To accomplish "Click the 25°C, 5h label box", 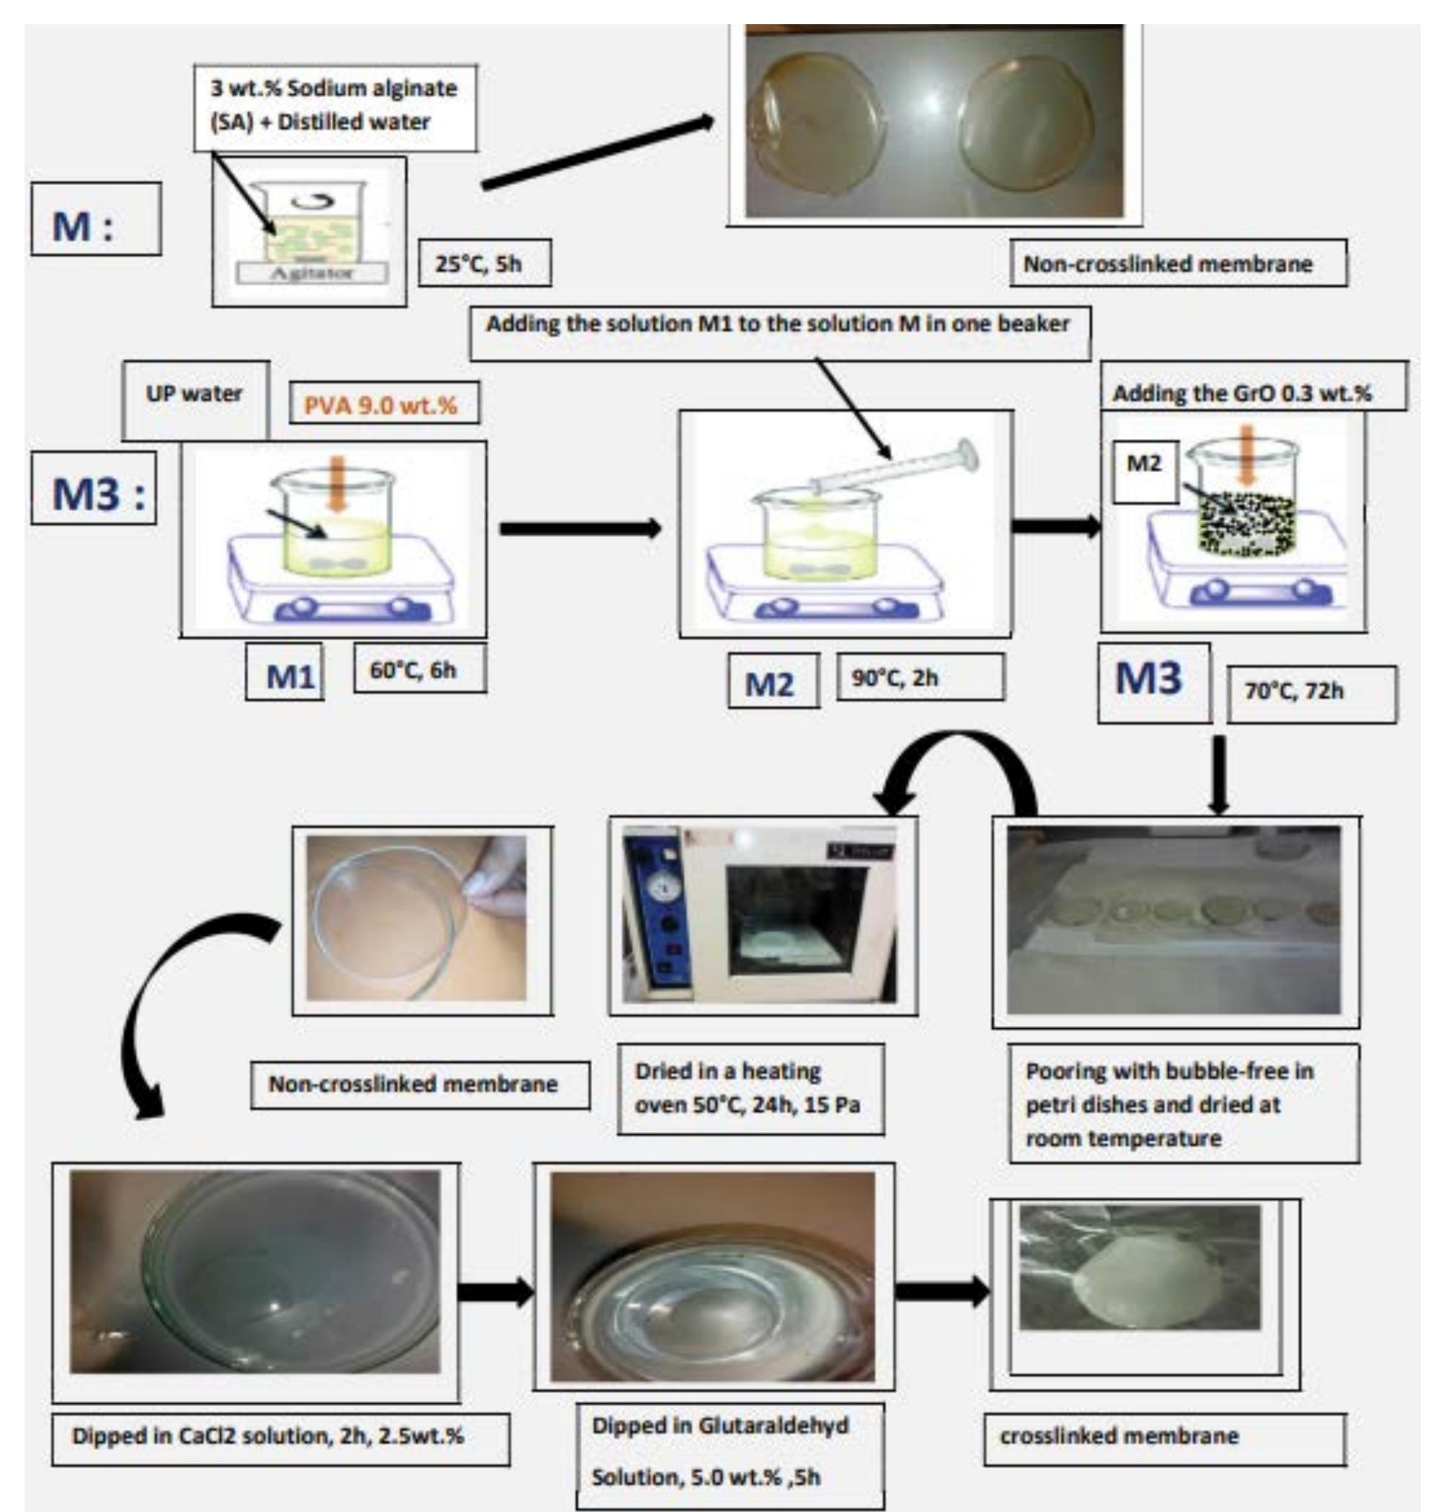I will point(484,264).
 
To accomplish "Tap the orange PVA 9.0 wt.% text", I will point(381,403).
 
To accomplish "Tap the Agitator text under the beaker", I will point(311,272).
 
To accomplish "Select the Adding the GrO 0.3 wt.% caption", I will point(1242,394).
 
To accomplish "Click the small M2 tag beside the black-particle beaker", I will point(1144,464).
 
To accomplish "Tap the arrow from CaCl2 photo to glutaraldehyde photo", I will point(496,1292).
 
